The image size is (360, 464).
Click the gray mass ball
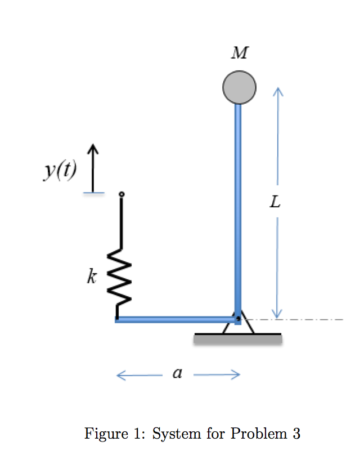click(239, 88)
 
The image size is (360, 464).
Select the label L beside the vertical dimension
click(274, 202)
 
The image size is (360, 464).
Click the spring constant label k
click(91, 276)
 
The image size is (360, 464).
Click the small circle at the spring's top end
click(121, 195)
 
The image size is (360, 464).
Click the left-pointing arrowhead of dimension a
click(120, 374)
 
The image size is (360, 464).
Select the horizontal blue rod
click(174, 320)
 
